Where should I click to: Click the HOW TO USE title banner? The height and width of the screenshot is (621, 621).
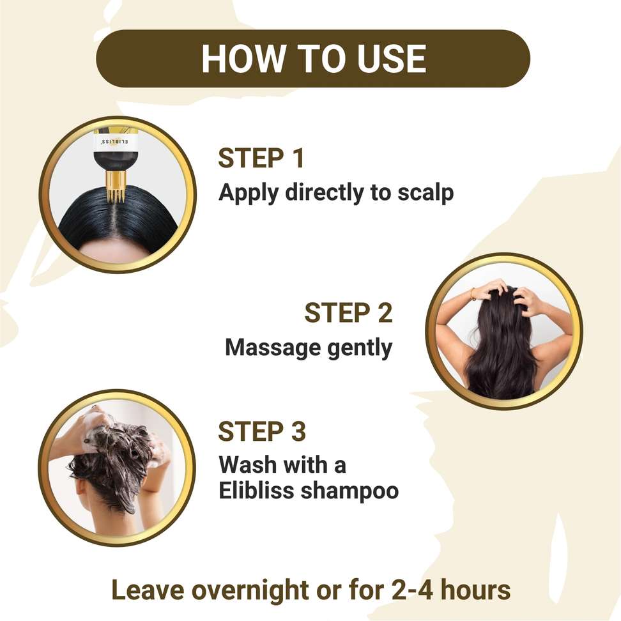[313, 59]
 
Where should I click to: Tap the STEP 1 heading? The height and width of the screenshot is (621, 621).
[261, 158]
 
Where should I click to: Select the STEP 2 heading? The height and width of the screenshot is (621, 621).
[349, 312]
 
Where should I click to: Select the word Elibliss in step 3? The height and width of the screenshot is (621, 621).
[257, 490]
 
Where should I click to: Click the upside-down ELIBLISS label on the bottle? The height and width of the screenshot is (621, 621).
[115, 141]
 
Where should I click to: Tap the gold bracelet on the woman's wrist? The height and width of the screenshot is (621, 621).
[473, 293]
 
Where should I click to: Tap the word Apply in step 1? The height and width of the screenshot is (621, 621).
[249, 194]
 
